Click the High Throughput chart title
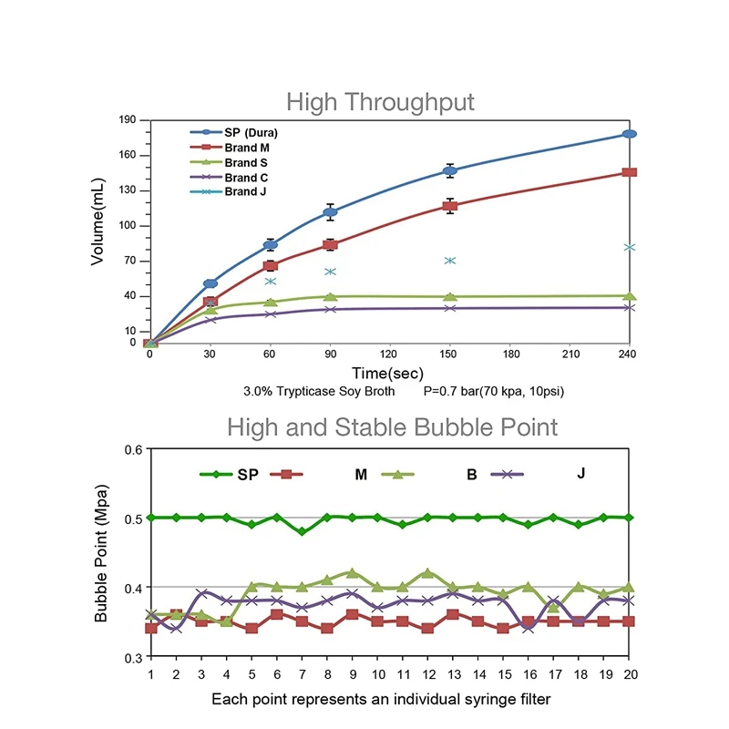[x=380, y=101]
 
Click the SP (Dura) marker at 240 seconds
[x=629, y=134]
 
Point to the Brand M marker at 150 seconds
[x=449, y=206]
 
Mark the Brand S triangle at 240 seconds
[x=629, y=296]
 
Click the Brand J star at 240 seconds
[x=629, y=247]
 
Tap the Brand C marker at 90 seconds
[x=331, y=310]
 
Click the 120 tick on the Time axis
[x=389, y=354]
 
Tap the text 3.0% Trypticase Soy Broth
[x=319, y=392]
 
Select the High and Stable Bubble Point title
[x=392, y=426]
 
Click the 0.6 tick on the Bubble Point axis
[x=133, y=449]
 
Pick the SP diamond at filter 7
[x=303, y=531]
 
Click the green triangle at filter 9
[x=353, y=573]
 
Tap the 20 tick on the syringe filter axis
[x=628, y=674]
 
